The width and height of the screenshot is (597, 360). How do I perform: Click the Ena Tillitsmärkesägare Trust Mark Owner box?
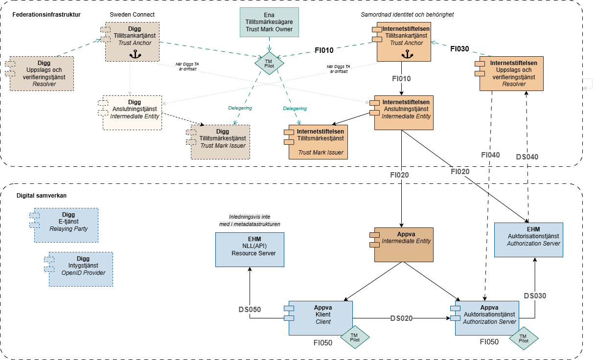pos(269,22)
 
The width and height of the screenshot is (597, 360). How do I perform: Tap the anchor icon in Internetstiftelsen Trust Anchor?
pos(404,55)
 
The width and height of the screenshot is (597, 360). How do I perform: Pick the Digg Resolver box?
pos(41,73)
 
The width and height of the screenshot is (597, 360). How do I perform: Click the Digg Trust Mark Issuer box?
pos(220,142)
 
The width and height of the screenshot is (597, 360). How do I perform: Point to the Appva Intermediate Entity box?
pos(403,244)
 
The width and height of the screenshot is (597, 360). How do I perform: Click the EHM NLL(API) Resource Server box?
pos(250,249)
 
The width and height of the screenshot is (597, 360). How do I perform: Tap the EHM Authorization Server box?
pos(528,239)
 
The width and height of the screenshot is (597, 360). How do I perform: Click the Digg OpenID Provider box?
pos(80,269)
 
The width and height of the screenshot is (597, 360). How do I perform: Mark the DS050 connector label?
pos(250,310)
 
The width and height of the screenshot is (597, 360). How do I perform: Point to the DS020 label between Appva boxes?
pos(401,318)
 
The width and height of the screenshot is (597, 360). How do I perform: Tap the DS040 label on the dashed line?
pos(527,157)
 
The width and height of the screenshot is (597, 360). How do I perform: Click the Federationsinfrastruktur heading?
pos(46,14)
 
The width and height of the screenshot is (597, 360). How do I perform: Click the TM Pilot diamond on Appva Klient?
pos(354,337)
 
